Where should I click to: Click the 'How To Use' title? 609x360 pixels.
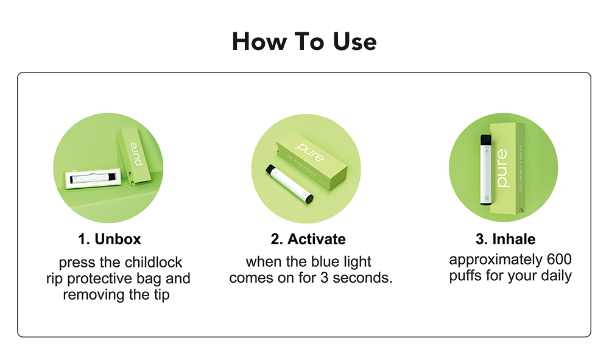304,41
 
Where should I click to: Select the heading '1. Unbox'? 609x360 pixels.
110,239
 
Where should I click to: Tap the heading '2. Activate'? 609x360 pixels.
308,239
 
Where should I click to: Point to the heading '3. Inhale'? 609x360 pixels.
505,239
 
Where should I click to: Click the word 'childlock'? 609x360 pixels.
153,263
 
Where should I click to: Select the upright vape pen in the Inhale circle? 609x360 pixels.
486,169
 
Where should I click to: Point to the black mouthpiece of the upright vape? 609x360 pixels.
486,141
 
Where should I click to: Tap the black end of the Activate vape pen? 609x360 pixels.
310,197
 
